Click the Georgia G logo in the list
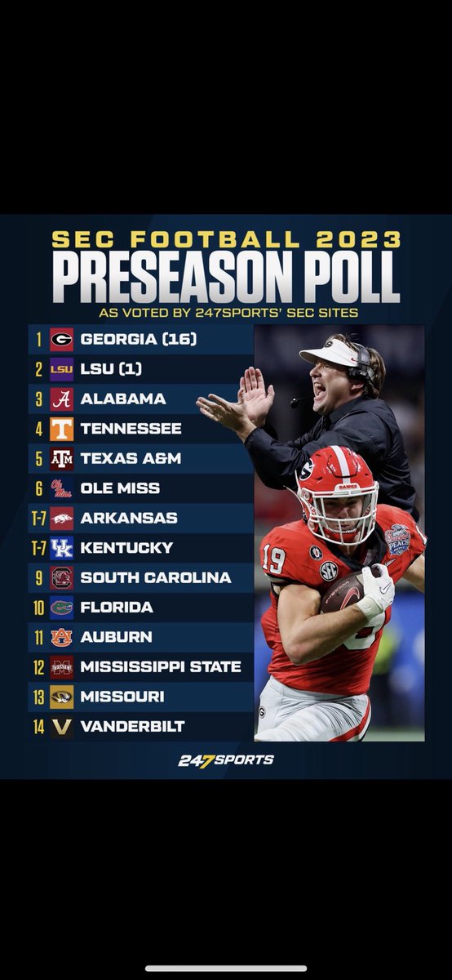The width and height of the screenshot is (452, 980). coord(61,339)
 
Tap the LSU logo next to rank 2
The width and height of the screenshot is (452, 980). coord(61,369)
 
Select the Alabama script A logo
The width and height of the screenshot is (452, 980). coord(61,399)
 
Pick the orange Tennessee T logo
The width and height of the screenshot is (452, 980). coord(61,429)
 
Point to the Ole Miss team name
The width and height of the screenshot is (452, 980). coord(120,488)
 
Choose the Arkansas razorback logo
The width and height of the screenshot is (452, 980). coord(61,518)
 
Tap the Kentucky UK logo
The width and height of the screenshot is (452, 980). coord(61,548)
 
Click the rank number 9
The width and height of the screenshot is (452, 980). coord(38,577)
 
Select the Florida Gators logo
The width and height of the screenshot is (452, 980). coord(61,608)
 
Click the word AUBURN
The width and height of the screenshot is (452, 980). coord(116,637)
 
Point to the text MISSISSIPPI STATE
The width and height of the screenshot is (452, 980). coord(161,667)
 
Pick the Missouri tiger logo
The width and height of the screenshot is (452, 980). coord(61,697)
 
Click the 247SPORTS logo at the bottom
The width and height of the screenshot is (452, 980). coord(226,760)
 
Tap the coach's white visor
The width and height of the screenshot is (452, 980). coord(330,354)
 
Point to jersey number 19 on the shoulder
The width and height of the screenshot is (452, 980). coord(274,559)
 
